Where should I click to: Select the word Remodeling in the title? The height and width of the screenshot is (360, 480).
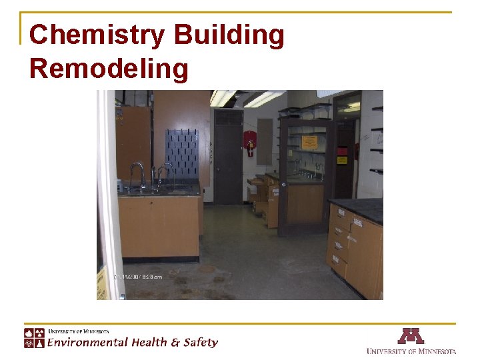[109, 69]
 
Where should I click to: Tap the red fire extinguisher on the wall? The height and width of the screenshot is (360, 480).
[250, 143]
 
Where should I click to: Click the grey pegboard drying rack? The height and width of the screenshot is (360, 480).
[182, 154]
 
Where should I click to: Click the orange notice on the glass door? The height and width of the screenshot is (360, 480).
[309, 142]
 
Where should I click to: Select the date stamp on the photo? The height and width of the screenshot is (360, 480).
[139, 276]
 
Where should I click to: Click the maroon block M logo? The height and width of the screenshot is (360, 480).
[411, 336]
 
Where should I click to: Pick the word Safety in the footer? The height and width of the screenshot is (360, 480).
[201, 343]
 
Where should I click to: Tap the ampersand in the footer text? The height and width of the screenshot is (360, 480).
[175, 343]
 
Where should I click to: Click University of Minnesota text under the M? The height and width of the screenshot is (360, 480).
[411, 351]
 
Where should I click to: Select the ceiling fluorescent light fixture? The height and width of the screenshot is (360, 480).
[263, 99]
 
